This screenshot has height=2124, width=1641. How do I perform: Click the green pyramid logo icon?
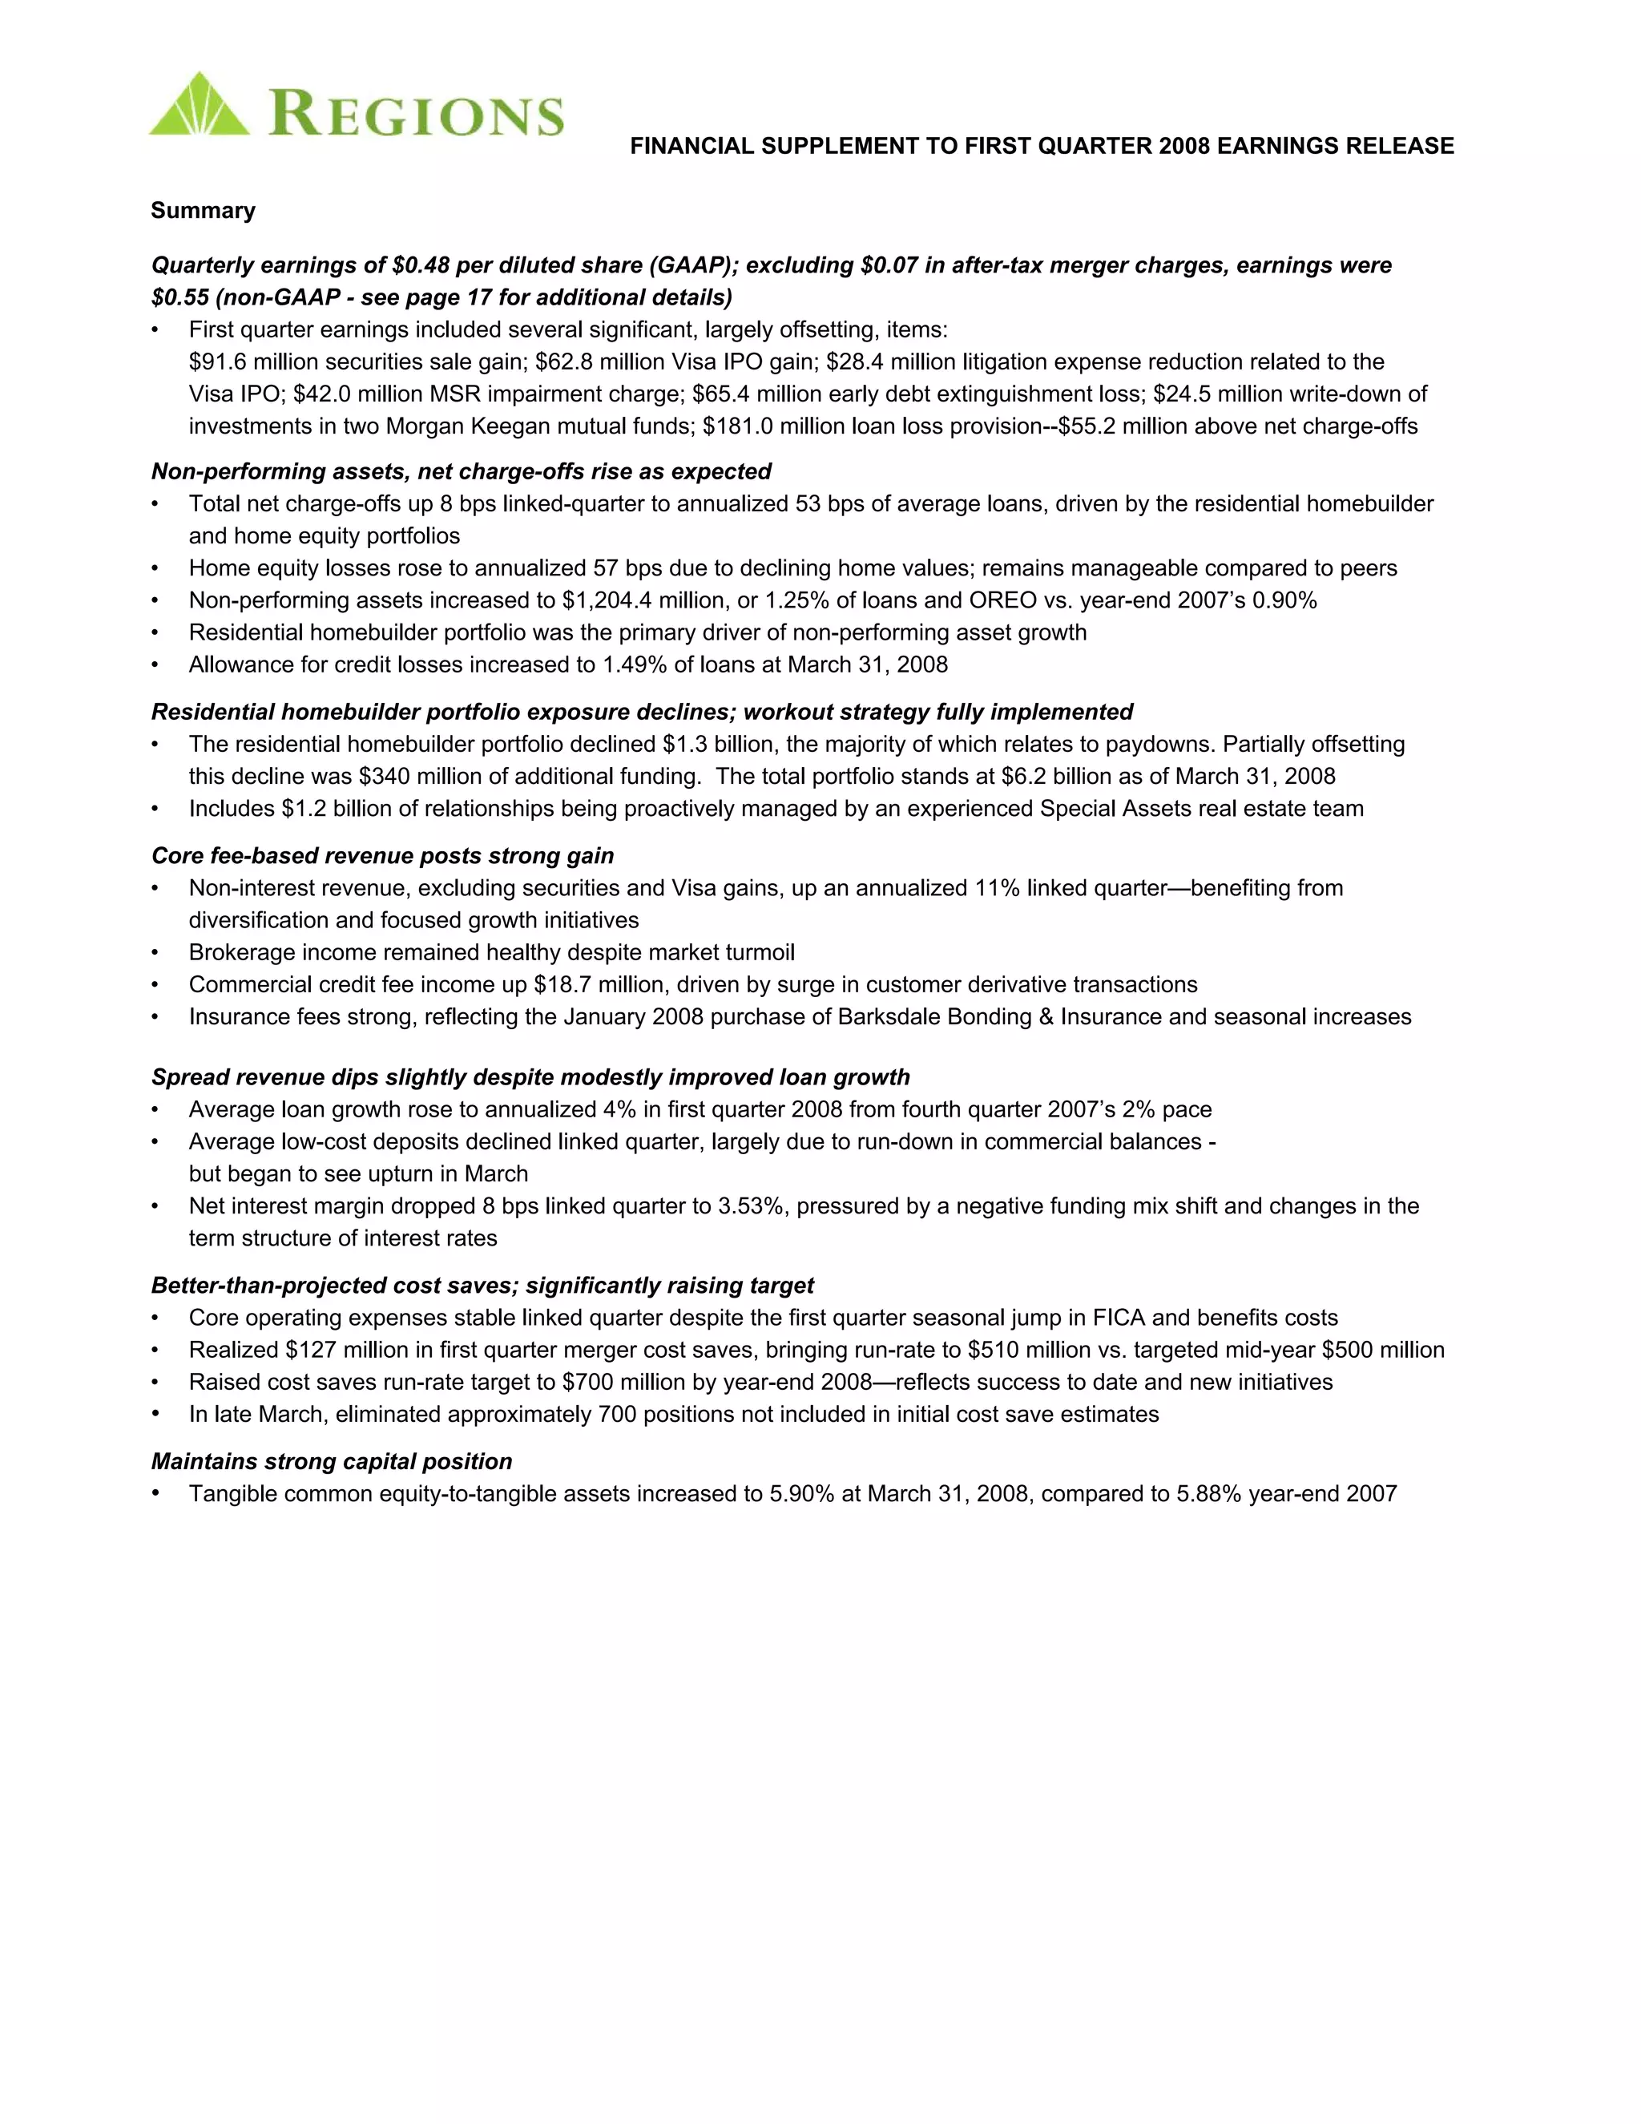pyautogui.click(x=199, y=105)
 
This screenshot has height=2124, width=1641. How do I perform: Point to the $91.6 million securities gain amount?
pyautogui.click(x=219, y=361)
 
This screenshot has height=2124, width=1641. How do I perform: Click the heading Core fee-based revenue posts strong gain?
pyautogui.click(x=383, y=856)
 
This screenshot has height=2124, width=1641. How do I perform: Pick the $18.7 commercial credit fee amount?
pyautogui.click(x=562, y=984)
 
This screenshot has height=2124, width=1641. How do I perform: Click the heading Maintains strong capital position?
pyautogui.click(x=332, y=1462)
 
